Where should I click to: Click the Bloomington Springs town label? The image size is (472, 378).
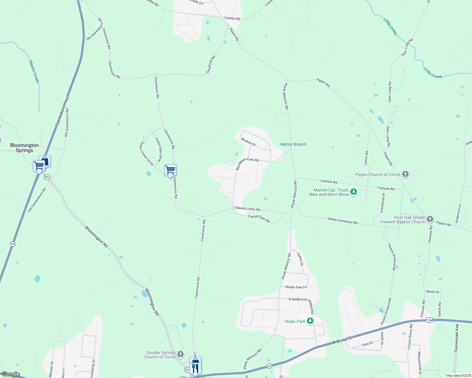pos(24,148)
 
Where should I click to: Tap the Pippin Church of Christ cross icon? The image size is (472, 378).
pos(405,174)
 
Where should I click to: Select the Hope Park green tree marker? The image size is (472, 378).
pos(310,321)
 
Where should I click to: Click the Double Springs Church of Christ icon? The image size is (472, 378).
pos(180,354)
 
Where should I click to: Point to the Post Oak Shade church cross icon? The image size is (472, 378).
pos(430,219)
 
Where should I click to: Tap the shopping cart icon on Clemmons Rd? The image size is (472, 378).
pos(170,170)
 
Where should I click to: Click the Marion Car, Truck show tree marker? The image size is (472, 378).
pos(354,192)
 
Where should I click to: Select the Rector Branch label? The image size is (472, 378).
pos(293,144)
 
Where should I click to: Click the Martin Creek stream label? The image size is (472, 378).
pos(34,72)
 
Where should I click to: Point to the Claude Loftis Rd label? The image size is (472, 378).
pos(247,209)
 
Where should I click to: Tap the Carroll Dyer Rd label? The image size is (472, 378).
pos(259,219)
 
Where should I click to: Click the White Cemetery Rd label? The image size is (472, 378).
pos(343,221)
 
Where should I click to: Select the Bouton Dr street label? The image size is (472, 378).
pos(248,142)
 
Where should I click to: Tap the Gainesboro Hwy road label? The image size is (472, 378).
pos(62,112)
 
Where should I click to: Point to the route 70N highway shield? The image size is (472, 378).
pos(429,320)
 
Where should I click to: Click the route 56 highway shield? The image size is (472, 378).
pos(13,244)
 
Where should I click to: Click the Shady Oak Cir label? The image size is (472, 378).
pos(296,287)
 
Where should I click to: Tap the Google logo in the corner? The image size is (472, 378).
pos(11,374)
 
